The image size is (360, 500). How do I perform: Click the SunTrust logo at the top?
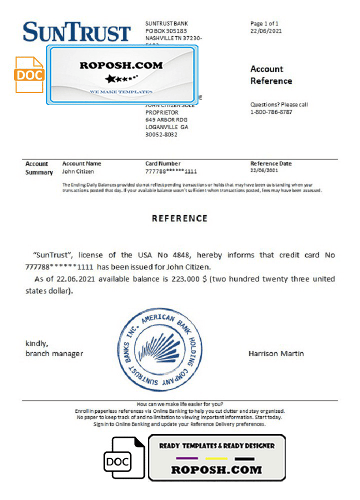pyautogui.click(x=76, y=32)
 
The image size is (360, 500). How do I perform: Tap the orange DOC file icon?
pyautogui.click(x=29, y=75)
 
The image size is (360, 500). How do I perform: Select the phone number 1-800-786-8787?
pyautogui.click(x=271, y=112)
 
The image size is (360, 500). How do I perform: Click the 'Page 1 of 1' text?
pyautogui.click(x=264, y=23)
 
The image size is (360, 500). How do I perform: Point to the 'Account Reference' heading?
pyautogui.click(x=271, y=75)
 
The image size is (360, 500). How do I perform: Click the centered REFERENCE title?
pyautogui.click(x=179, y=218)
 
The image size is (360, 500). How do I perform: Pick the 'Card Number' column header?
pyautogui.click(x=162, y=163)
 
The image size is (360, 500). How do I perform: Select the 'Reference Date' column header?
pyautogui.click(x=270, y=163)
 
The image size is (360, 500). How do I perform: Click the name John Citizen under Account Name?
pyautogui.click(x=77, y=171)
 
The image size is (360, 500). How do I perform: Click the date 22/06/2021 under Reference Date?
pyautogui.click(x=263, y=171)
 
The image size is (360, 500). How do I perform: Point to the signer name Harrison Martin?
pyautogui.click(x=276, y=353)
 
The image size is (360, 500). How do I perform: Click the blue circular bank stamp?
pyautogui.click(x=160, y=349)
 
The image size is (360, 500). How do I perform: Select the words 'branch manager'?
pyautogui.click(x=54, y=353)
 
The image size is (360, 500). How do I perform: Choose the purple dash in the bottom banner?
pyautogui.click(x=187, y=458)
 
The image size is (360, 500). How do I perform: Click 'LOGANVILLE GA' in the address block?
pyautogui.click(x=166, y=127)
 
